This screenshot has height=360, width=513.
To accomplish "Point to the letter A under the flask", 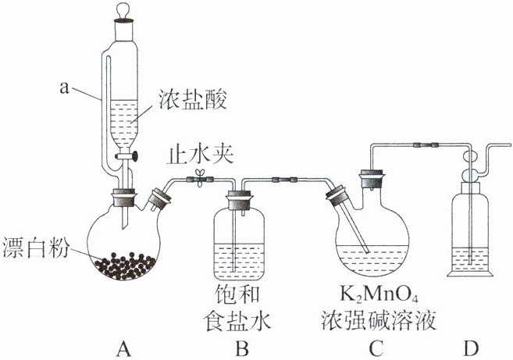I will tap(122, 348).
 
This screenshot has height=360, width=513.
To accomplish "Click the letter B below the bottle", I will tap(243, 348).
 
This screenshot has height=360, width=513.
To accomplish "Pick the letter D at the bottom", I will tap(474, 348).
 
